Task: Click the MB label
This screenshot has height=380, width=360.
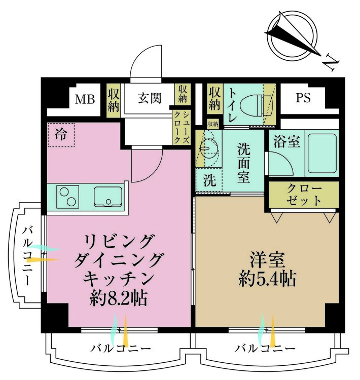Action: [85, 99]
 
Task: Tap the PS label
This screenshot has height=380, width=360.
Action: [303, 98]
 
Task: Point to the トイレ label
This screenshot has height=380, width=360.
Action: [233, 104]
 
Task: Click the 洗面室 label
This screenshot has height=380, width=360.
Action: [244, 163]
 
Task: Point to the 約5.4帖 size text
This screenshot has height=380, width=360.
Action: [268, 278]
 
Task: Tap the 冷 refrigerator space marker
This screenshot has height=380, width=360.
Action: [61, 135]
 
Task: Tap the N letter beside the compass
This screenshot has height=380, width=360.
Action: [330, 62]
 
